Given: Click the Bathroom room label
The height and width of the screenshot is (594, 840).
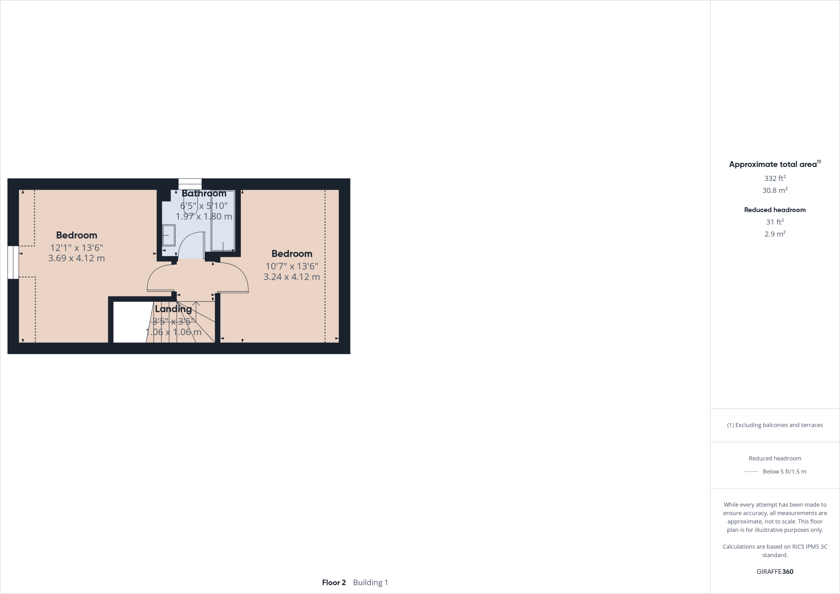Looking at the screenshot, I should click(204, 193).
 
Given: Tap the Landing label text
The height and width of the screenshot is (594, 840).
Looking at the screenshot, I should click(173, 309).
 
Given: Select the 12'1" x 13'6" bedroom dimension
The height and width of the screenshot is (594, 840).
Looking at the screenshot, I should click(76, 248).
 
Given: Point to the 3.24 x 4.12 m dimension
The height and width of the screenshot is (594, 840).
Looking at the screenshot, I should click(292, 277).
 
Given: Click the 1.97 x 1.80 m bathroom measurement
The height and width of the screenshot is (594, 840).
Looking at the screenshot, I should click(204, 216).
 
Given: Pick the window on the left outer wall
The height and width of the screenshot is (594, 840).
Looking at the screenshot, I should click(13, 263).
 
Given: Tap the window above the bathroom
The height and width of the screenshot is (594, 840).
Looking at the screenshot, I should click(190, 184).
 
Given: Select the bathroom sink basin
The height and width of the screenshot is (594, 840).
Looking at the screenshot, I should click(169, 235).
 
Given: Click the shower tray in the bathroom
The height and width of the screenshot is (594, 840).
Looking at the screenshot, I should click(223, 230).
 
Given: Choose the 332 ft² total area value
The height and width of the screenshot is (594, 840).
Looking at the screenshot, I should click(775, 178).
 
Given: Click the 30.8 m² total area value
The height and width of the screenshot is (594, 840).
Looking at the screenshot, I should click(775, 190).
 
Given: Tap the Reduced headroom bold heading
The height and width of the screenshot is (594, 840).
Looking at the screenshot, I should click(775, 210).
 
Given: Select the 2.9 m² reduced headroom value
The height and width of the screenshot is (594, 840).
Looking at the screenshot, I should click(775, 234).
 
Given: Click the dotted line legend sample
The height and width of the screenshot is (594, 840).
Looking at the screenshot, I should click(751, 472).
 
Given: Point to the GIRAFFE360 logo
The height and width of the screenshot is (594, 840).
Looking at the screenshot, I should click(775, 571).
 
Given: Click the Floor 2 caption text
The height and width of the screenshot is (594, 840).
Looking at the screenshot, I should click(334, 583).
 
